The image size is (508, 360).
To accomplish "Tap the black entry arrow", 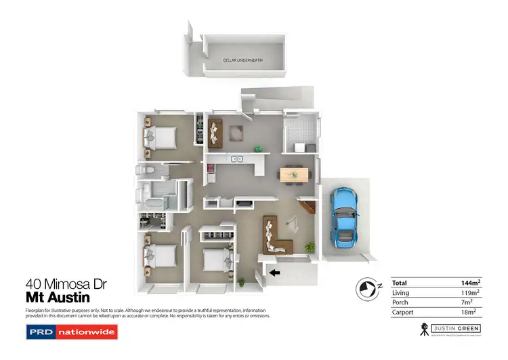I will click(274, 273).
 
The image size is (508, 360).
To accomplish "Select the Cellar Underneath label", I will click(243, 60).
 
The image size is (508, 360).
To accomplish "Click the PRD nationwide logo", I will click(71, 332).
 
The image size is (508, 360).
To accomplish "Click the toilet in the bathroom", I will click(144, 170).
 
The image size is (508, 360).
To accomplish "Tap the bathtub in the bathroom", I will click(150, 200).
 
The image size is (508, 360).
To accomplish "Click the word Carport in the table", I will click(403, 313).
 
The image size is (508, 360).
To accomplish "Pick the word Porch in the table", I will click(400, 302).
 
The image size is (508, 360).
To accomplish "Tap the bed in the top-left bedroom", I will click(160, 137).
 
